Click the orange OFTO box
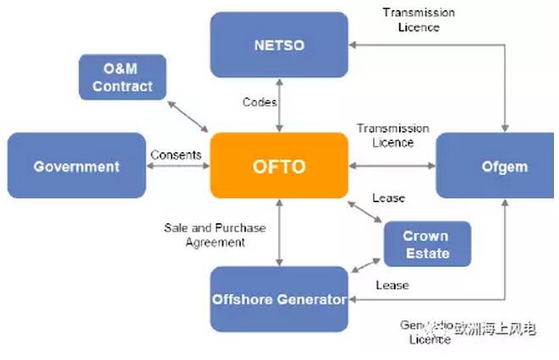click(278, 166)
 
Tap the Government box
click(76, 166)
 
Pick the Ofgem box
click(494, 166)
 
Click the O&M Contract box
click(123, 76)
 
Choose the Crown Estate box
click(425, 243)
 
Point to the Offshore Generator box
click(278, 298)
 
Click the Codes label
click(259, 102)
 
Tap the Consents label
click(176, 155)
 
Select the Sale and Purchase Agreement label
click(215, 235)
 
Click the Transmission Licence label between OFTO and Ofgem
click(392, 135)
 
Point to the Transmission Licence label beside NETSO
click(418, 19)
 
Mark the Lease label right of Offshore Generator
click(392, 286)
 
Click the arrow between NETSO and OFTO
click(278, 101)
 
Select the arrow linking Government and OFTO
click(178, 166)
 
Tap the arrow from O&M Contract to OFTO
click(188, 115)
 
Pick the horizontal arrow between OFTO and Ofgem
click(392, 166)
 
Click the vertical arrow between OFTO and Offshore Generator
click(278, 232)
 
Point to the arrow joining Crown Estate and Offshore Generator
click(365, 265)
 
